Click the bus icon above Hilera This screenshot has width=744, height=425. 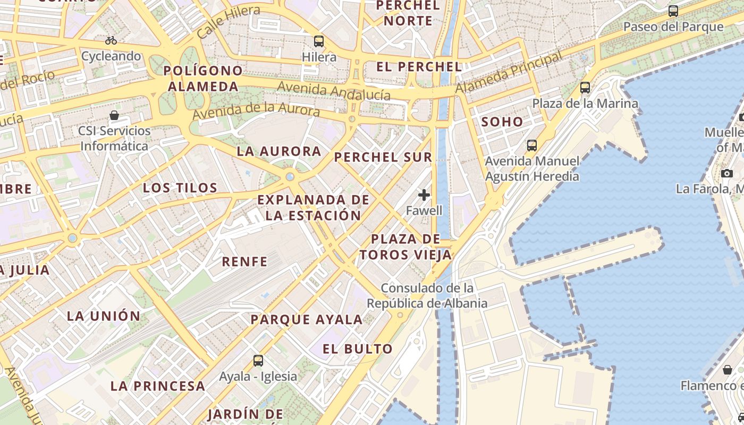coord(319,41)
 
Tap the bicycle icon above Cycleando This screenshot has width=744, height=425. coord(111,40)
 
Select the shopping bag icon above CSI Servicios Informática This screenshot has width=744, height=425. coord(114,115)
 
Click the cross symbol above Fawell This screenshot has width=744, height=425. coord(424,195)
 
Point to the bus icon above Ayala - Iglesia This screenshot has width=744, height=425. coord(258,361)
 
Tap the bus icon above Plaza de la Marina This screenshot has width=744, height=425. coord(585,88)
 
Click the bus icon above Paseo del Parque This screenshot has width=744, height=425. coord(673,11)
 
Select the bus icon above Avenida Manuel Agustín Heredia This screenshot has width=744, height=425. coord(532,145)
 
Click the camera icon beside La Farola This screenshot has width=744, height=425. coord(727,173)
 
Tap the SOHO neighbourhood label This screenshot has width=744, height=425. coord(502,122)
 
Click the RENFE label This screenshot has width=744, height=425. coord(244,261)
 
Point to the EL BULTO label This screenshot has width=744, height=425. coord(358,349)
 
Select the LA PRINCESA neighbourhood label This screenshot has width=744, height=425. coord(158,386)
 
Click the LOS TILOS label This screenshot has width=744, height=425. coord(180,188)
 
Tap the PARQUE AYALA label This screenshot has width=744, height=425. coord(307,319)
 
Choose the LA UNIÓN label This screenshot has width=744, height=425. coord(104,316)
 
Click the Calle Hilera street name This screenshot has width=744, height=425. coord(228,22)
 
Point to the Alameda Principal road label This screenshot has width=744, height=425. coord(509,73)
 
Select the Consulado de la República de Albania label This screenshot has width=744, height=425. coord(427,296)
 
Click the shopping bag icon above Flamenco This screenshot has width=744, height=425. coord(727,370)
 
